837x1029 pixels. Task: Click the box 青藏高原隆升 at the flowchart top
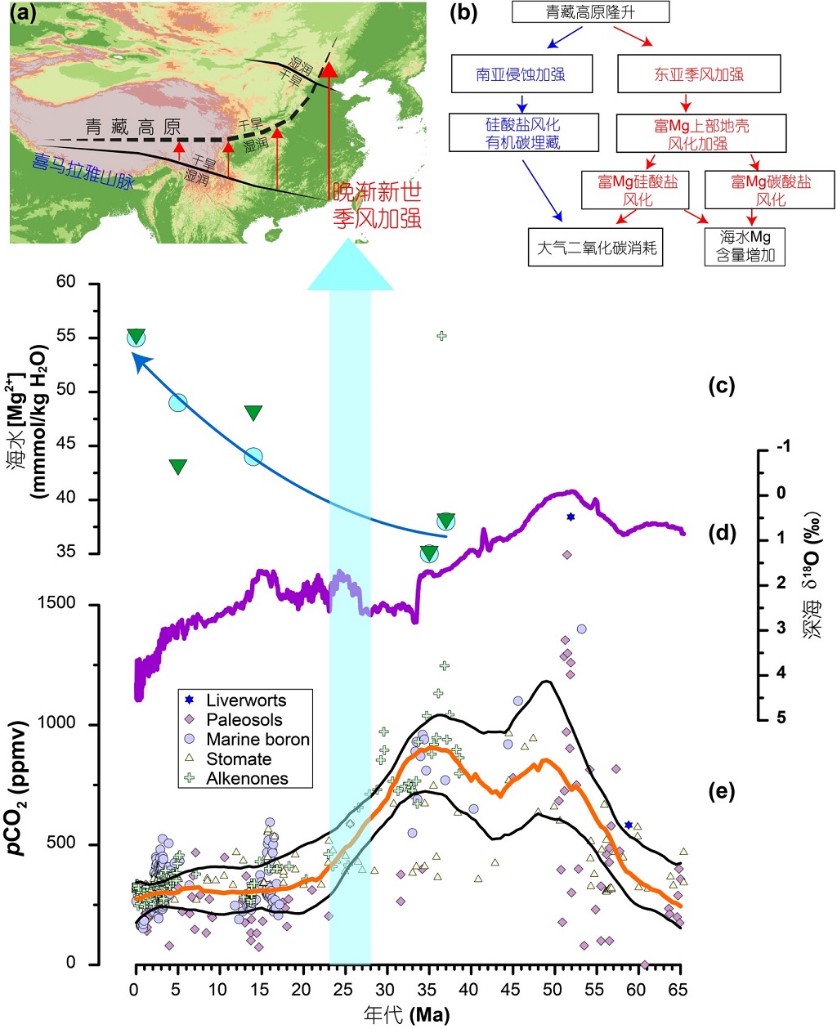pos(590,11)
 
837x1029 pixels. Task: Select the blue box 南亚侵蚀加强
pos(521,74)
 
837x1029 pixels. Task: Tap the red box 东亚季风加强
pos(699,74)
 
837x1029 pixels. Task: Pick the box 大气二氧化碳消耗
pos(596,248)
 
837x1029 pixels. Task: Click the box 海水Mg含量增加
pos(745,246)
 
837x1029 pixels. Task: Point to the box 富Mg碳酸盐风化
pos(770,190)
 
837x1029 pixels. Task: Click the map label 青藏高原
pos(133,127)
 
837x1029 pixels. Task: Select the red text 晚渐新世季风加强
pos(377,204)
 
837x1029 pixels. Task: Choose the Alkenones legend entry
pos(246,779)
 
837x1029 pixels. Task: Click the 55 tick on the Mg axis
pos(65,337)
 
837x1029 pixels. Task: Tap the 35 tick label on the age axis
pos(427,990)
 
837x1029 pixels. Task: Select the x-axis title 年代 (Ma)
pos(406,1015)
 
